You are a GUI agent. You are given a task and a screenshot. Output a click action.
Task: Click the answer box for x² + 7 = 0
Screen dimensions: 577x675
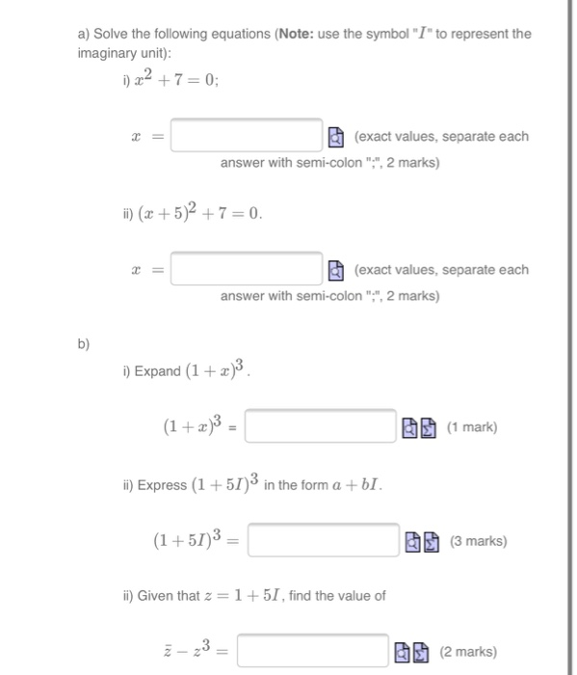click(x=247, y=136)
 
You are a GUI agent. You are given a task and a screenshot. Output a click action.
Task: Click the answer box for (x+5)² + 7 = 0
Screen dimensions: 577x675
click(x=247, y=269)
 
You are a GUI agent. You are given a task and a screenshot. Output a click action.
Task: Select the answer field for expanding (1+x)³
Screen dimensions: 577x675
click(x=320, y=426)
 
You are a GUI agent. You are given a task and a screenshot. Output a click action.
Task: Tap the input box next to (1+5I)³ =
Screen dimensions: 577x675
click(x=324, y=541)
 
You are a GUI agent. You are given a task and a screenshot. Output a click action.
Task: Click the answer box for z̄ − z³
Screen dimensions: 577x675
click(x=313, y=652)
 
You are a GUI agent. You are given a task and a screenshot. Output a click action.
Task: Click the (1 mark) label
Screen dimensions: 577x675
click(x=472, y=426)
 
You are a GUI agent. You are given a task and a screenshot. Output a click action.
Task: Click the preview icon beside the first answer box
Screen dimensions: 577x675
click(x=333, y=136)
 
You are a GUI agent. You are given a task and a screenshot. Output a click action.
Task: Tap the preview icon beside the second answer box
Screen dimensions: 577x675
click(x=333, y=269)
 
